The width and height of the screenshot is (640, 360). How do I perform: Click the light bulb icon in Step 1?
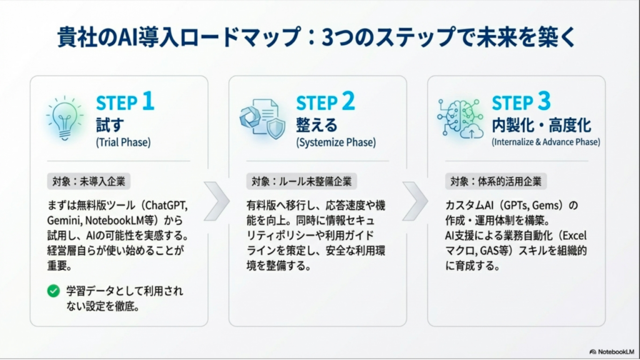[x=65, y=117]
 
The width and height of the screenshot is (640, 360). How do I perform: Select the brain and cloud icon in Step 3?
[x=460, y=117]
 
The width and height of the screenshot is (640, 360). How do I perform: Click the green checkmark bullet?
[x=53, y=291]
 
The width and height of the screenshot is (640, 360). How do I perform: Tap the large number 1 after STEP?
[x=147, y=102]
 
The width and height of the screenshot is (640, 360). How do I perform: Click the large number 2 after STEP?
[x=347, y=102]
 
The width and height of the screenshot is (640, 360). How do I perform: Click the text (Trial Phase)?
[x=123, y=142]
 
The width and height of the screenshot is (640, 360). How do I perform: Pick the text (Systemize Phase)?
[x=336, y=142]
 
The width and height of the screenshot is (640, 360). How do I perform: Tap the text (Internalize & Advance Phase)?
[x=546, y=142]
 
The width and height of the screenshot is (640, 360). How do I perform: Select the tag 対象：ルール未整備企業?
[x=300, y=182]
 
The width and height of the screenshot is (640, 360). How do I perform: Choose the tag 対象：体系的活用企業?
[x=496, y=182]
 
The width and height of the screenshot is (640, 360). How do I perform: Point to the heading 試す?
[x=109, y=124]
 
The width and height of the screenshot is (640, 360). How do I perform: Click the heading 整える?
[x=316, y=124]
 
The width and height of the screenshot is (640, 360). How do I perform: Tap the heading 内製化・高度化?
[x=541, y=124]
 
